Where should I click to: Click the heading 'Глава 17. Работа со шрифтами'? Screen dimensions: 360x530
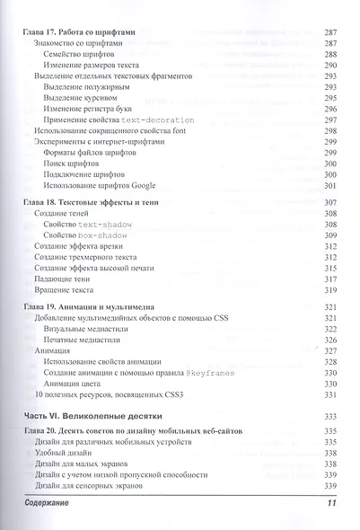(x=78, y=31)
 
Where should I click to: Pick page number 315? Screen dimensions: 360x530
(x=328, y=268)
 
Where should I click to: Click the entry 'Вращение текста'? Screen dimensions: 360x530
(x=65, y=291)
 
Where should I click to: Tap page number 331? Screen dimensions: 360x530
(x=328, y=394)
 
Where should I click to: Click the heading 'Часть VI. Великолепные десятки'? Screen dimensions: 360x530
(x=84, y=415)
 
